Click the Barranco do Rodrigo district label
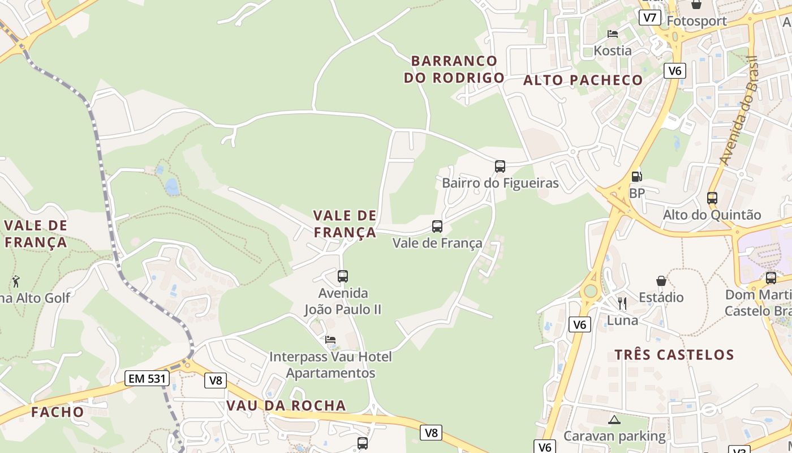tap(454, 69)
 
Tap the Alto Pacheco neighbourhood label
tap(583, 80)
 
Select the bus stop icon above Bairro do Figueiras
tap(500, 166)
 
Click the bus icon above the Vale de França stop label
tap(437, 226)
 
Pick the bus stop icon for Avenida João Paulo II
tap(343, 276)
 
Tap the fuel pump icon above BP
tap(636, 177)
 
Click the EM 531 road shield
tap(147, 378)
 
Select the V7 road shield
tap(650, 18)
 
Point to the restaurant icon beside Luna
tap(622, 304)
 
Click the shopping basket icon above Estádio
tap(661, 281)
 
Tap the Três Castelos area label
tap(674, 355)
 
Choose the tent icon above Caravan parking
tap(614, 420)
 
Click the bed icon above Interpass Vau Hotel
tap(330, 340)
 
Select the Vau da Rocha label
tap(286, 405)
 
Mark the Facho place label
tap(58, 412)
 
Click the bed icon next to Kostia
tap(612, 34)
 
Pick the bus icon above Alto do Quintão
tap(712, 198)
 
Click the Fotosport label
tap(696, 21)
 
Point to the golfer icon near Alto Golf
tap(16, 281)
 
